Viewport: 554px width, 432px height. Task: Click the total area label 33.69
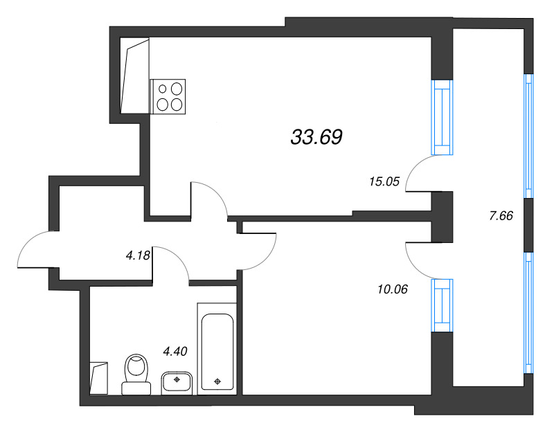[316, 137]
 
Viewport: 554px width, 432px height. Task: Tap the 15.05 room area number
[384, 181]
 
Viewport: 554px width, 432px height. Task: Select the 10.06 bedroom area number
[393, 289]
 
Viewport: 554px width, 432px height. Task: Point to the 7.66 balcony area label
[501, 215]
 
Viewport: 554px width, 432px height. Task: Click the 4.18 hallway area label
[138, 255]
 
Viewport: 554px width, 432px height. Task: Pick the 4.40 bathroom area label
[175, 351]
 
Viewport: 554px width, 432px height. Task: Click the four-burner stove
[168, 96]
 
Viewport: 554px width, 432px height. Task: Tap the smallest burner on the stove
[163, 89]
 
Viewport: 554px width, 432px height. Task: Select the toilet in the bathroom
[136, 375]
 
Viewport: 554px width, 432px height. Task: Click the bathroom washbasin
[177, 383]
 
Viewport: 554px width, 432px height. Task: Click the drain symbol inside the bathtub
[217, 381]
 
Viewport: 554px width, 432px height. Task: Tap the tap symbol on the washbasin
[177, 379]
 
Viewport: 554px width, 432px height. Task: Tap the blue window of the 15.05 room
[442, 118]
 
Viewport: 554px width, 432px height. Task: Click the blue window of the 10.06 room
[442, 305]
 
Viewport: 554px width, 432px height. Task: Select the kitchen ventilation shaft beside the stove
[134, 76]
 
